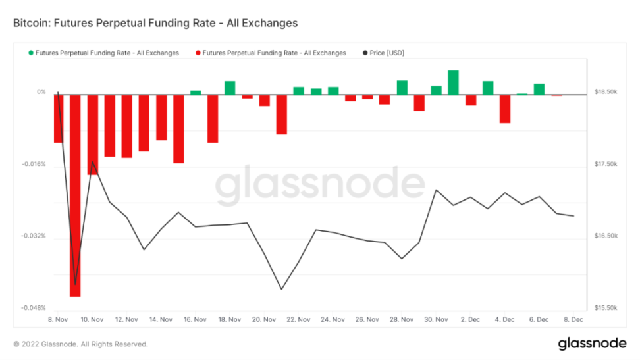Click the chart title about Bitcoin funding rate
[x=155, y=23]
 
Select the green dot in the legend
[x=30, y=53]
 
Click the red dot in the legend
[x=197, y=53]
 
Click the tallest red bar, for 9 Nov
[x=75, y=195]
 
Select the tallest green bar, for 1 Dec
[x=453, y=82]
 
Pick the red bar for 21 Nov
[x=281, y=115]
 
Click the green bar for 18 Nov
[x=230, y=88]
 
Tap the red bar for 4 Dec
[x=505, y=109]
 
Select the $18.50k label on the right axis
[x=606, y=92]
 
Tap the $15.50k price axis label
[x=606, y=307]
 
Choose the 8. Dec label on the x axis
[x=573, y=320]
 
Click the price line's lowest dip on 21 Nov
[x=281, y=289]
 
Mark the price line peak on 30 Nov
[x=436, y=190]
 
